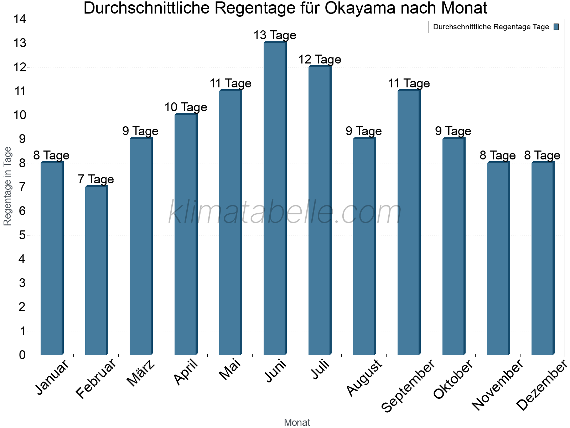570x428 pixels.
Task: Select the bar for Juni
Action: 275,199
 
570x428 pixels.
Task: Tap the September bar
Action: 409,223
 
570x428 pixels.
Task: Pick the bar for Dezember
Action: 543,259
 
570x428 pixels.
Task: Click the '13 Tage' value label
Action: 275,35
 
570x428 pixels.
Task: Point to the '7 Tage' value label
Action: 96,179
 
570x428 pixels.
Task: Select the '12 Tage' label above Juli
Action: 320,60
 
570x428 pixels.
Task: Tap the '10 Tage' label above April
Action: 186,107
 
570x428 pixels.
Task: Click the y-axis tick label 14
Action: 20,19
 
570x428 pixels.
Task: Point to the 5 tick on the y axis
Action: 22,235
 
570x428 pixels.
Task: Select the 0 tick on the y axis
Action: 22,355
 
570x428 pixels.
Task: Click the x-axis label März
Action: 141,373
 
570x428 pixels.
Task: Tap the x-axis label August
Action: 364,378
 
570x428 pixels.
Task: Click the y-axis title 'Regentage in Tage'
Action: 7,186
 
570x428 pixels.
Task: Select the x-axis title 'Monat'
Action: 297,423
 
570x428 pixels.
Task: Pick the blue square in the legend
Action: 556,27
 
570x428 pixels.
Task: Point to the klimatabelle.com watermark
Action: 285,212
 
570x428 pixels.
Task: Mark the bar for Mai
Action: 230,223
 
